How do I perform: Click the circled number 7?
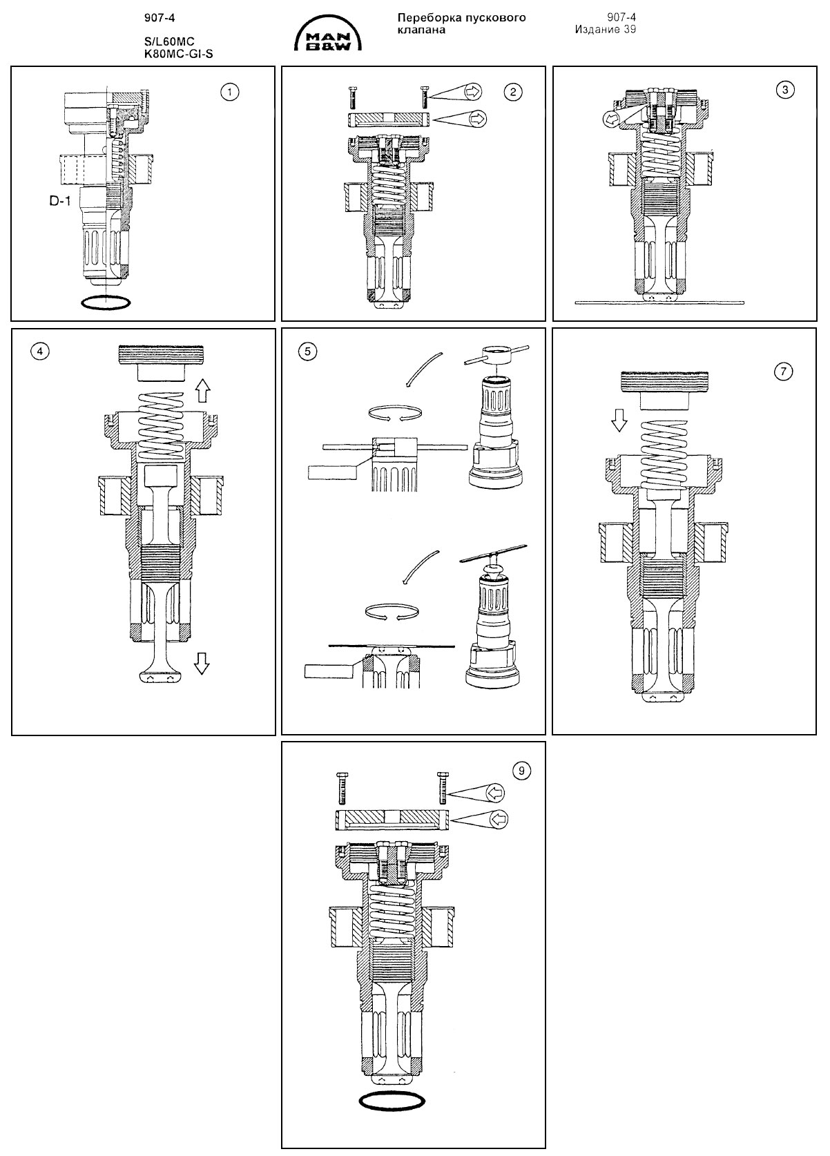pyautogui.click(x=783, y=372)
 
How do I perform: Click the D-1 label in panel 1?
pyautogui.click(x=59, y=202)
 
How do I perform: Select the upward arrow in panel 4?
pyautogui.click(x=202, y=392)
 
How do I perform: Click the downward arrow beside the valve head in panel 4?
pyautogui.click(x=202, y=664)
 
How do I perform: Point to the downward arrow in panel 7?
pyautogui.click(x=619, y=419)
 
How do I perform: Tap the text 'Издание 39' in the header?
pyautogui.click(x=605, y=30)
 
